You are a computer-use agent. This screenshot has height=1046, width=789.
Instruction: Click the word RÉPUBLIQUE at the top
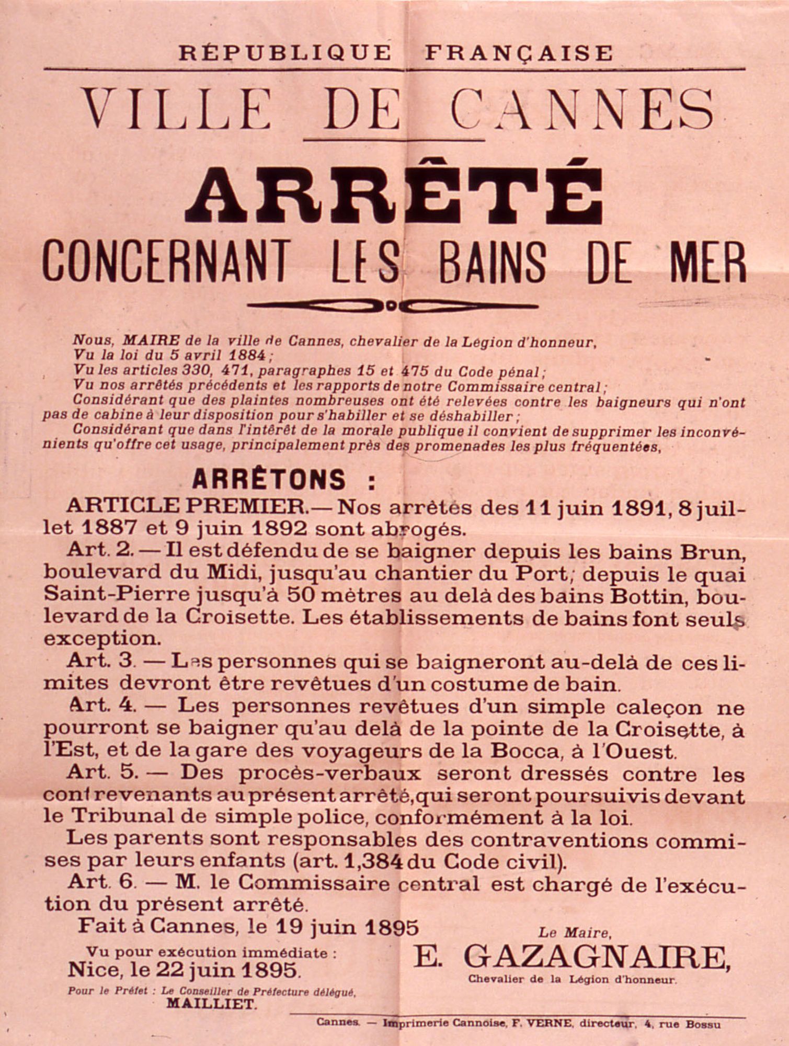pyautogui.click(x=284, y=53)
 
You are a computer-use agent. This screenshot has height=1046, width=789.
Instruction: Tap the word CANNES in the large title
pyautogui.click(x=581, y=111)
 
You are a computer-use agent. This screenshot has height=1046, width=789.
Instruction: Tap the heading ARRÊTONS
pyautogui.click(x=269, y=479)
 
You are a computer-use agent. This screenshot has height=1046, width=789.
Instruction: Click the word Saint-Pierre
pyautogui.click(x=109, y=596)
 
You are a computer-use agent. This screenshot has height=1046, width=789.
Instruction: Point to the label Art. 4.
pyautogui.click(x=101, y=706)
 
